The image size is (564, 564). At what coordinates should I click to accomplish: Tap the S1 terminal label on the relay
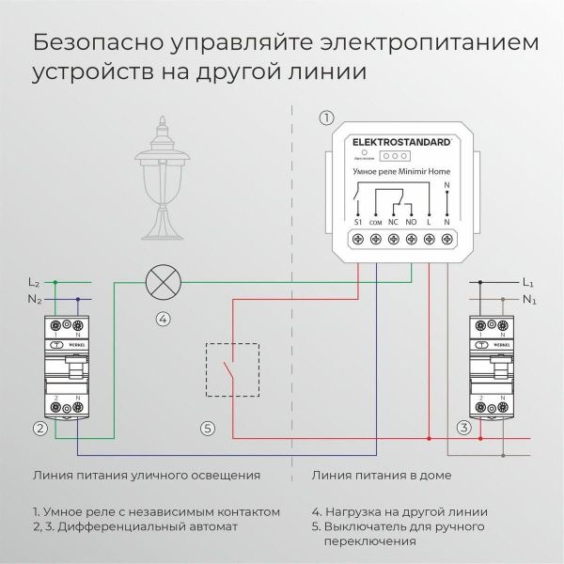point(359,221)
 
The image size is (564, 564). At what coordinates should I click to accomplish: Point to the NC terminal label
point(394,221)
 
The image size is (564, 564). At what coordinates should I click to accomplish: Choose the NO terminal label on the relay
point(412,221)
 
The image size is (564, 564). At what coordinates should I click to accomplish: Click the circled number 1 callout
point(326,117)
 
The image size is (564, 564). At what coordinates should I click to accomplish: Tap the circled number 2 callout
point(39,429)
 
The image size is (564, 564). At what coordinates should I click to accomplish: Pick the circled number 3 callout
point(462,429)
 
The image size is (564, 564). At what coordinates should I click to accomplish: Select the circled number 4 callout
point(164,318)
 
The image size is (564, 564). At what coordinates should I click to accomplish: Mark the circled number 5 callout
point(208,429)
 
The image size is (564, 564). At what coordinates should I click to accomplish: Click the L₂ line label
point(33,281)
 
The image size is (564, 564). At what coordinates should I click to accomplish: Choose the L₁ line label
point(526,281)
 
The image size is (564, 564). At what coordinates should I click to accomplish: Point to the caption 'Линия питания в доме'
point(381,475)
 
